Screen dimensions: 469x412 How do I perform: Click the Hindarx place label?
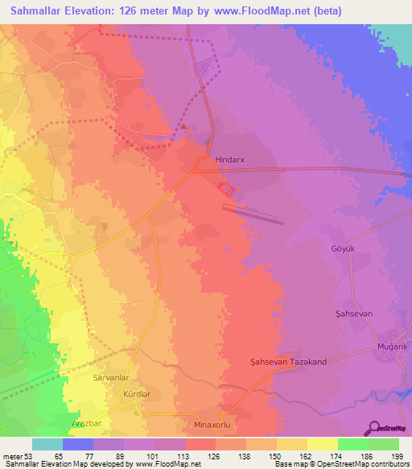click(x=229, y=160)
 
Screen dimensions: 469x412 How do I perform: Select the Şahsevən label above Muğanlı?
click(x=354, y=313)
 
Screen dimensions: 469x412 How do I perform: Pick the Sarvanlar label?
click(x=112, y=376)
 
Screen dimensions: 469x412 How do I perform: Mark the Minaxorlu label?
click(x=213, y=424)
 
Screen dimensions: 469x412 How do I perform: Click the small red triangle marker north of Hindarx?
click(x=183, y=127)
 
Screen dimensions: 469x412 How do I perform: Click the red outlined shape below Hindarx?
click(x=226, y=190)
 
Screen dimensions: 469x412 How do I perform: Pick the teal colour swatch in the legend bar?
click(x=47, y=444)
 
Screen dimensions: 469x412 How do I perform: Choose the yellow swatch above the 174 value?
click(x=323, y=444)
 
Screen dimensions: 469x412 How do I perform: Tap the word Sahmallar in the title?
click(x=40, y=11)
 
